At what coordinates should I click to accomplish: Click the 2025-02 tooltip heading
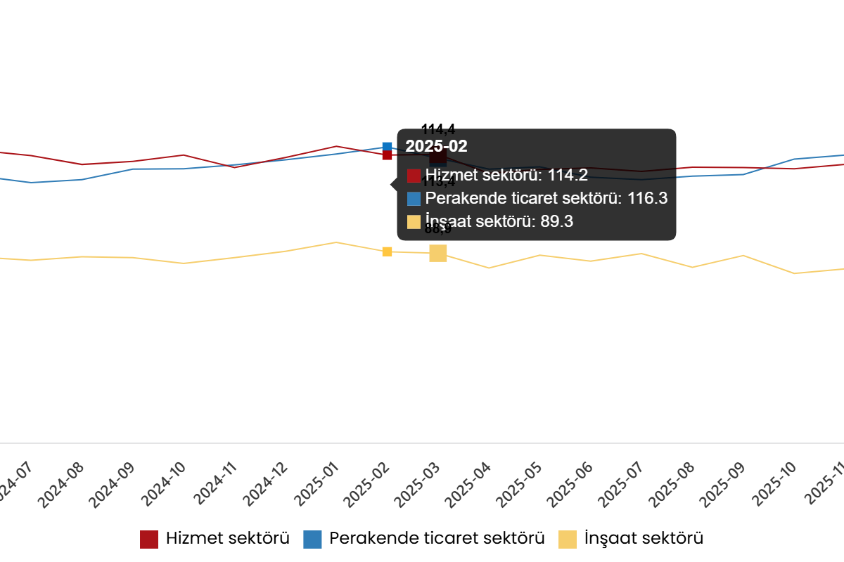click(x=436, y=147)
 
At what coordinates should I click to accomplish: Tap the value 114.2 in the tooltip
click(x=568, y=176)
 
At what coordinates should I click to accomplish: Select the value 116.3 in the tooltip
click(x=647, y=199)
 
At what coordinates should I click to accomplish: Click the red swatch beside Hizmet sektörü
click(x=414, y=176)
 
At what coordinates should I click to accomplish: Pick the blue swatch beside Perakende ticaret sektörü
click(x=414, y=199)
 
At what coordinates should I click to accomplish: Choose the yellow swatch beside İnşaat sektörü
click(x=414, y=222)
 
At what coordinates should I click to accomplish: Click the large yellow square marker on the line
click(x=438, y=254)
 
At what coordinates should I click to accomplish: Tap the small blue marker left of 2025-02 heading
click(x=387, y=146)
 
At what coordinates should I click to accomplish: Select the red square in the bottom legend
click(x=149, y=540)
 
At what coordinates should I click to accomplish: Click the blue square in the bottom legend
click(x=312, y=540)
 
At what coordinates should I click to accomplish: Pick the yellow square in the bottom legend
click(x=568, y=540)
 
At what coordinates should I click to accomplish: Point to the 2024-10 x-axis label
click(x=164, y=485)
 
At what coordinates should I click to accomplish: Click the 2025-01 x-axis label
click(x=318, y=485)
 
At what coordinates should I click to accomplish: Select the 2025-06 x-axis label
click(x=574, y=485)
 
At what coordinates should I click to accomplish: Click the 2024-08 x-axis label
click(x=62, y=485)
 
